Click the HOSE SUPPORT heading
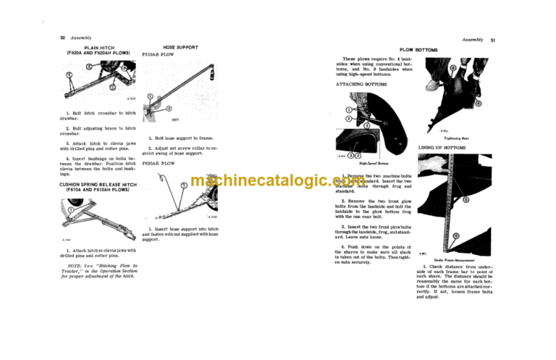(176, 46)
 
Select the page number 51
(492, 41)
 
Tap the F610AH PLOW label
(158, 54)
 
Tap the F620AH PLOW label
(159, 164)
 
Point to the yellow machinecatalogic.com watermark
(278, 181)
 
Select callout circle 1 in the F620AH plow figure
(183, 185)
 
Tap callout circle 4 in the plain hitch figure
(69, 75)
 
